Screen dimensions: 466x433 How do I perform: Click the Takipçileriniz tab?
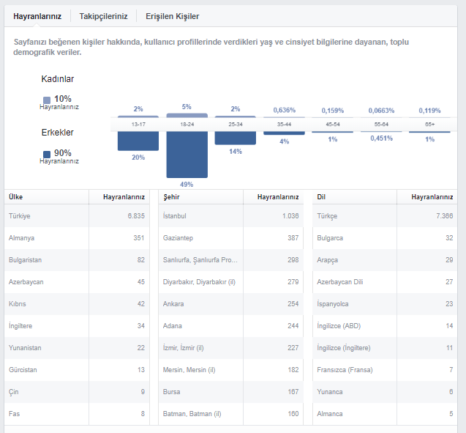point(103,16)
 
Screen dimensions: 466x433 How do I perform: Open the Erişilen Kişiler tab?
point(173,16)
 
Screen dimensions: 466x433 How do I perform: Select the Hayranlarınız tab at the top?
point(37,16)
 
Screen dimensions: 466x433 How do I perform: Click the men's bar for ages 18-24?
point(187,155)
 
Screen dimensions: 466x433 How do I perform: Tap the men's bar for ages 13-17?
point(138,141)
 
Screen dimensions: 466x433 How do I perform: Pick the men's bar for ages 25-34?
point(236,138)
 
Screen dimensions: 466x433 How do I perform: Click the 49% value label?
point(187,185)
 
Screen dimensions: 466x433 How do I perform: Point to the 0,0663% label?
point(381,111)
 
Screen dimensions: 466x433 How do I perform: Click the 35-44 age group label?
point(284,124)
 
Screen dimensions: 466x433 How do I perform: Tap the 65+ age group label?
point(429,124)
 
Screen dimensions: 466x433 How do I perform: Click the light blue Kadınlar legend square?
point(47,100)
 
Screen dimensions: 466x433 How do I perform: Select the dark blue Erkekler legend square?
point(47,155)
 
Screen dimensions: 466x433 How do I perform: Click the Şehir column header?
point(171,196)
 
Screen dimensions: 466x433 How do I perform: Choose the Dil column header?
point(321,196)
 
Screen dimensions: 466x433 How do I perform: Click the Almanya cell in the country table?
point(21,238)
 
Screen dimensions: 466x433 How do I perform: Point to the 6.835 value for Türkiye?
point(136,215)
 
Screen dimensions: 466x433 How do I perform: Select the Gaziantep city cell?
point(178,238)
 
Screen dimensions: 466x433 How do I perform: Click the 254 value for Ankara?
point(293,303)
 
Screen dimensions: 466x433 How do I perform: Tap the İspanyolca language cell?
point(333,303)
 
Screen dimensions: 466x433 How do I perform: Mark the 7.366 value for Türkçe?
point(445,215)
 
